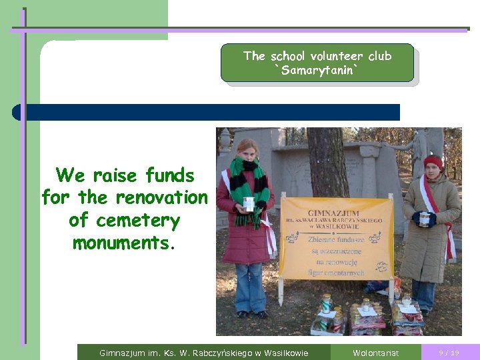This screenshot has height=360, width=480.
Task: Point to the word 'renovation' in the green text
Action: tap(161, 198)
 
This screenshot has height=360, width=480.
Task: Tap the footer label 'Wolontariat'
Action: tap(375, 353)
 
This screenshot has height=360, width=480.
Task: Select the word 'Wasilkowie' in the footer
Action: tap(286, 353)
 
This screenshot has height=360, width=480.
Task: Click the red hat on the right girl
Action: tap(433, 161)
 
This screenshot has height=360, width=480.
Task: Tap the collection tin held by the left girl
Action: tap(249, 204)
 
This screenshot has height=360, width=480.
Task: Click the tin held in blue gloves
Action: tap(424, 219)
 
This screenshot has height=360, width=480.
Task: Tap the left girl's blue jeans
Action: tap(250, 287)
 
